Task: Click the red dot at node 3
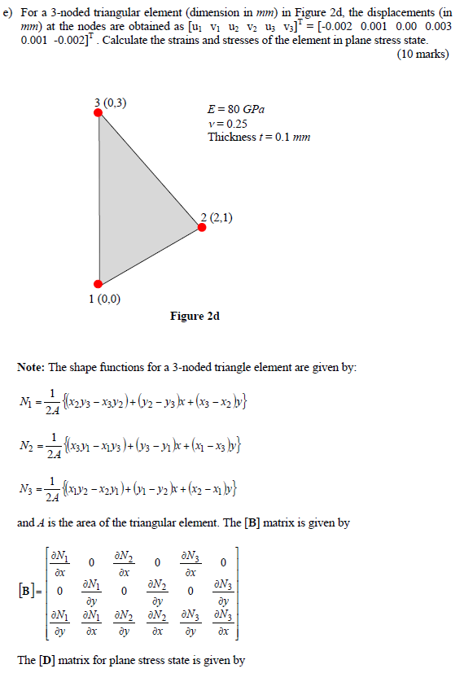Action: [98, 114]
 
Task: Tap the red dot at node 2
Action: [202, 227]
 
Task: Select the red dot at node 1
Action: [98, 284]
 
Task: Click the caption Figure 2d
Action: [195, 316]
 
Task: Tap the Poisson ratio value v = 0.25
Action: [227, 123]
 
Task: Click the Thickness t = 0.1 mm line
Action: [259, 137]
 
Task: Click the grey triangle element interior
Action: [134, 212]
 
